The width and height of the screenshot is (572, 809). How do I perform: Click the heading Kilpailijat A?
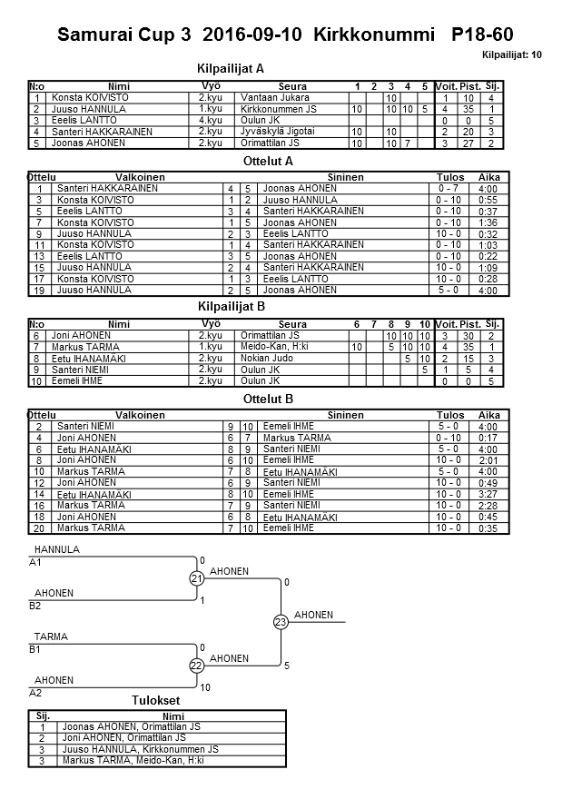pos(231,68)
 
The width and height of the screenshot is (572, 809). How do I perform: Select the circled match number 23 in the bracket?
pos(281,622)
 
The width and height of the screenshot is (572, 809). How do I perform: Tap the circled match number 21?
pos(196,578)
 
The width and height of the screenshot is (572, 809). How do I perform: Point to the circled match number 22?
pos(196,666)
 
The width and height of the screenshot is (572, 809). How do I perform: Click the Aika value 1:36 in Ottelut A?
pos(488,222)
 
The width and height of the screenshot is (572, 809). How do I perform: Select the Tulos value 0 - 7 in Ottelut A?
pos(449,189)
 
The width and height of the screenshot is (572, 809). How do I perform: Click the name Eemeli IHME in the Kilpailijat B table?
pos(76,381)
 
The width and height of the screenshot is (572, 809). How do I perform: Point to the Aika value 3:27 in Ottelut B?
pos(488,494)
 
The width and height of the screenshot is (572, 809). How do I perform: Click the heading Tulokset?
pos(156,701)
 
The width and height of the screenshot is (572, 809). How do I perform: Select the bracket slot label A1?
pos(35,563)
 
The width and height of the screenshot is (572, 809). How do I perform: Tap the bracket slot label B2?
pos(35,606)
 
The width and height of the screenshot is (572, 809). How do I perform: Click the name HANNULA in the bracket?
pos(55,550)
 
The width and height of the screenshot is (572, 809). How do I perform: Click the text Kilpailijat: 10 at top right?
pos(513,55)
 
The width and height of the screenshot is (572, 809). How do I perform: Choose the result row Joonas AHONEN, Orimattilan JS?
pos(132,726)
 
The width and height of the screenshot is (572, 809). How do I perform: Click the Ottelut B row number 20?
pos(38,528)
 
